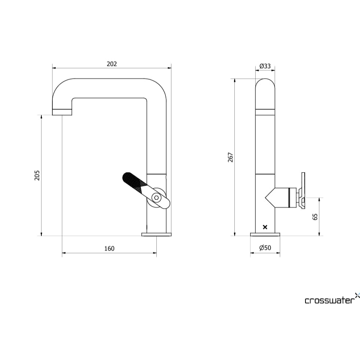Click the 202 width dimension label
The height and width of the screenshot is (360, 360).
pos(112,64)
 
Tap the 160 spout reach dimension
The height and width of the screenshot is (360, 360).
pos(109,249)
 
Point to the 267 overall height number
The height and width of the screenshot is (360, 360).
pos(230,157)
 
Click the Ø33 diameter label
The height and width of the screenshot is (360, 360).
pos(265,66)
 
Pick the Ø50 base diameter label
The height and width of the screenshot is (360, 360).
pos(265,248)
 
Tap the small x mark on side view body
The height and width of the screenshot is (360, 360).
pos(265,227)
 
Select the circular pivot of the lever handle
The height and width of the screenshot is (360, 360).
pos(156,198)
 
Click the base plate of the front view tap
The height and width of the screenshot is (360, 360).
pos(156,234)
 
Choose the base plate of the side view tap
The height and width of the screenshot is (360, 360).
pos(265,234)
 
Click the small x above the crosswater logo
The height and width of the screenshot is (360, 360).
pos(357,295)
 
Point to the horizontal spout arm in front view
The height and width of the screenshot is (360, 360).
pos(110,88)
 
